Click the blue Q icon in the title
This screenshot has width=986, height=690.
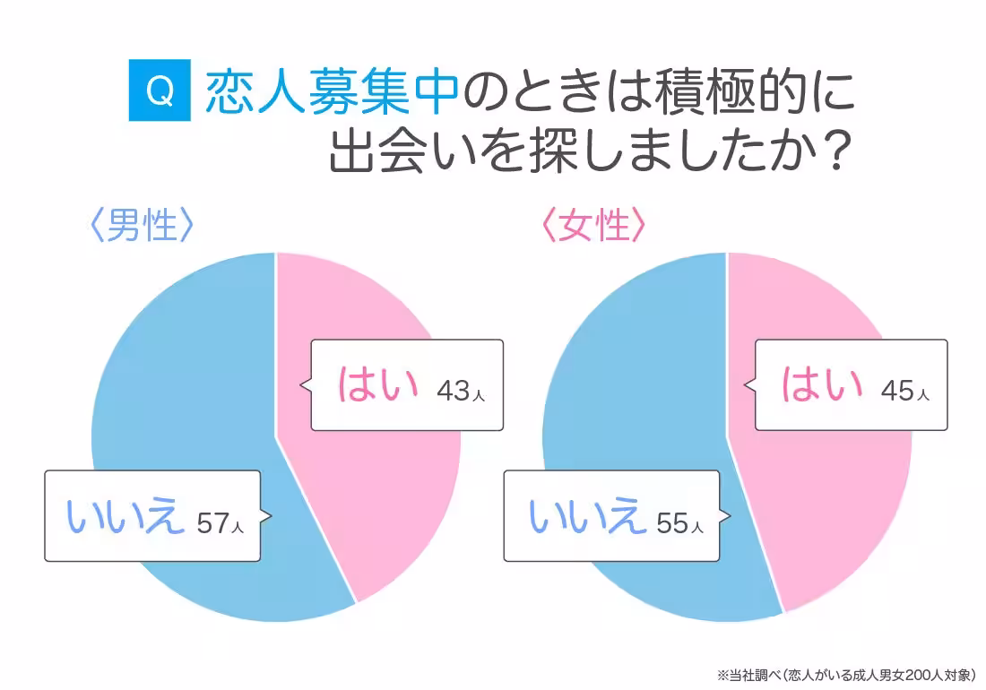[160, 90]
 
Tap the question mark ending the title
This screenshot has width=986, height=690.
[834, 155]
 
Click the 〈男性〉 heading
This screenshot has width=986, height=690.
[142, 227]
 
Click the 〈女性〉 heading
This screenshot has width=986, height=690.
[593, 227]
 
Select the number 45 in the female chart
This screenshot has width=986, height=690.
[898, 391]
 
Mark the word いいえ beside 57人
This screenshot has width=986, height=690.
[125, 517]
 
